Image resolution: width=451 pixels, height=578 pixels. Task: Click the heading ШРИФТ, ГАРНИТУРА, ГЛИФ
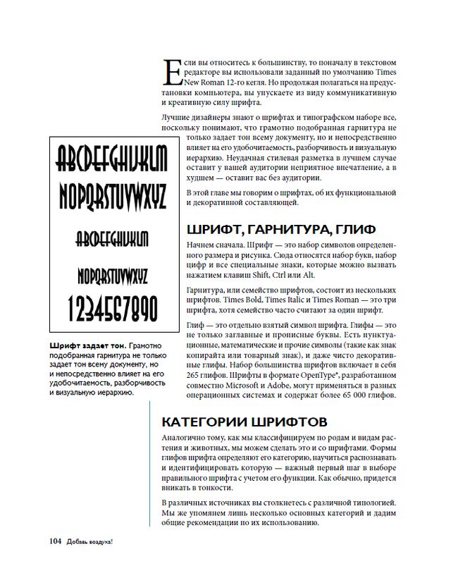[x=280, y=229]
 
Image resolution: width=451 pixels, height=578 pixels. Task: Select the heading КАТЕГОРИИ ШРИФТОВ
[x=244, y=422]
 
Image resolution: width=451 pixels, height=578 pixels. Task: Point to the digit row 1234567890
[x=112, y=308]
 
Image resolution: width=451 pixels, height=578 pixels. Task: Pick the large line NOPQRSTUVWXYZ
[x=112, y=195]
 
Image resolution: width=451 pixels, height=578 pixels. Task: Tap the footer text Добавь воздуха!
[x=90, y=541]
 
